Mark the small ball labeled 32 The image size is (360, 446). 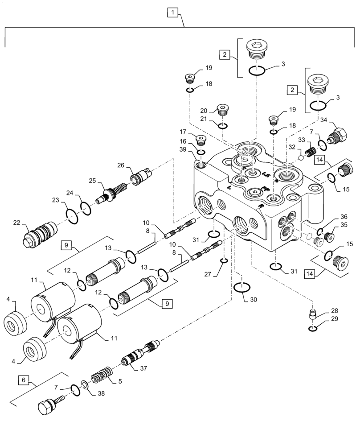click(301, 157)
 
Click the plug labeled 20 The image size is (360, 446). click(223, 109)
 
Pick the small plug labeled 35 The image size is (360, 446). click(331, 236)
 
